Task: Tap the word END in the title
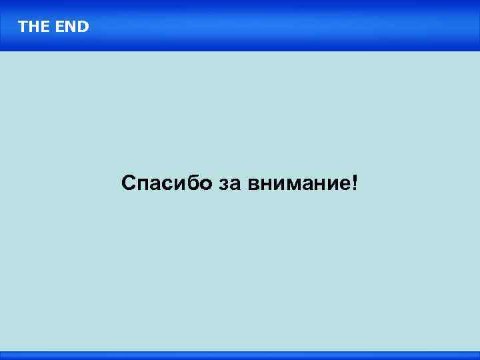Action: point(72,27)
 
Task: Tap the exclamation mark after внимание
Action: point(353,182)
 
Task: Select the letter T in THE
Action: point(23,27)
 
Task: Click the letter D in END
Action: point(83,27)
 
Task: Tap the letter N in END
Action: point(71,27)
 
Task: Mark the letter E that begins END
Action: point(61,27)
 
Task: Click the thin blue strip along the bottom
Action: point(240,355)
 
